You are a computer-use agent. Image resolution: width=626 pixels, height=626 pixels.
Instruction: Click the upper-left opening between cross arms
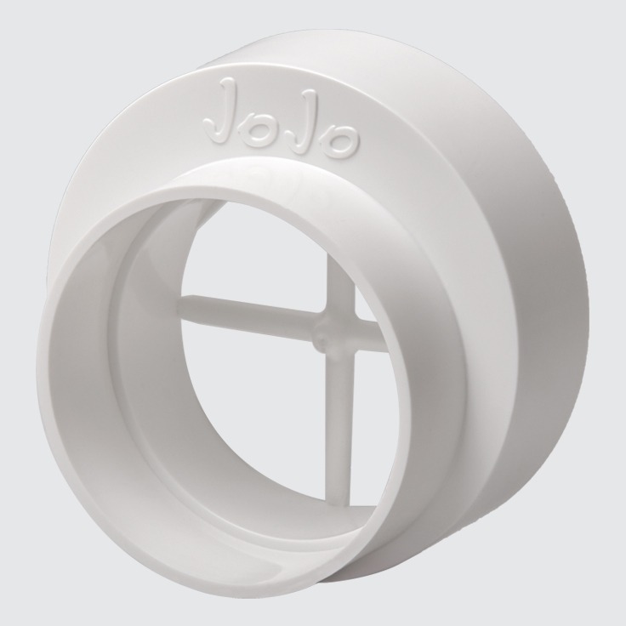[255, 255]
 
